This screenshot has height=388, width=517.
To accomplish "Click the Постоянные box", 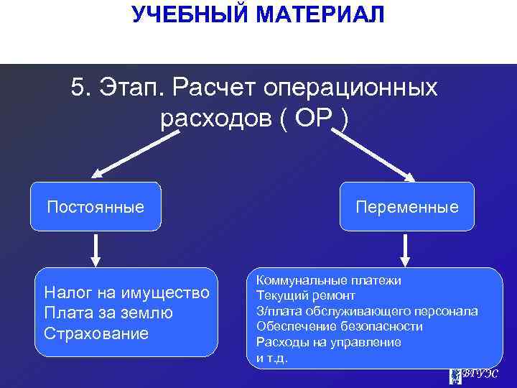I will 96,207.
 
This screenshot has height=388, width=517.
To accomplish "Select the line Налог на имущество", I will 126,292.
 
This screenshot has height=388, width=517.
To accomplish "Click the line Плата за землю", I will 108,313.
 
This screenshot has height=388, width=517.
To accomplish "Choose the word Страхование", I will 96,333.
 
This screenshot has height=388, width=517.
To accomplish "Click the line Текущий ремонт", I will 306,295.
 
